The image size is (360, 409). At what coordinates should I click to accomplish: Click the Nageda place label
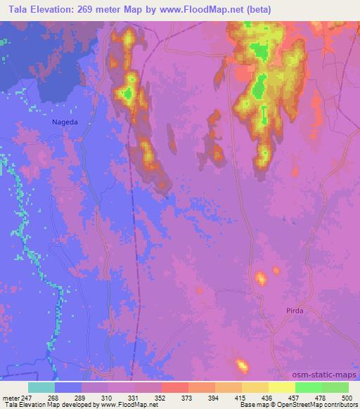(x=65, y=121)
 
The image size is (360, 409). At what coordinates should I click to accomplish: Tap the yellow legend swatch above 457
(x=281, y=387)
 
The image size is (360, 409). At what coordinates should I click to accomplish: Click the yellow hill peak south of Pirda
(x=243, y=365)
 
